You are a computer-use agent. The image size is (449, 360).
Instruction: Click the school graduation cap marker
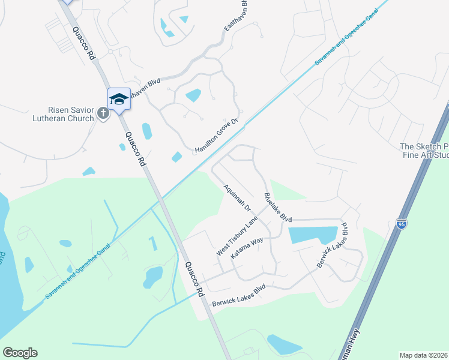(119, 100)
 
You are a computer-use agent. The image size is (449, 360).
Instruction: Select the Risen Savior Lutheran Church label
(71, 114)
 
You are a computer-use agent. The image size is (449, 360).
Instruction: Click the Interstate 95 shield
(402, 224)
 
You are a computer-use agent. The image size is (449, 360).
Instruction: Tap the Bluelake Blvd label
(278, 208)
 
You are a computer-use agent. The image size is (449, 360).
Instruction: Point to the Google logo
(20, 353)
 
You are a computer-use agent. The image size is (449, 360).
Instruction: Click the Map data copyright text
(424, 355)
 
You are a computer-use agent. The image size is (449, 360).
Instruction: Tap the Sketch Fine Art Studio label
(424, 151)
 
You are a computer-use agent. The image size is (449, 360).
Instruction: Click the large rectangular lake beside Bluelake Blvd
(312, 235)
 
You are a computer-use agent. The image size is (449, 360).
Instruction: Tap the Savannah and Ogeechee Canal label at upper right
(348, 38)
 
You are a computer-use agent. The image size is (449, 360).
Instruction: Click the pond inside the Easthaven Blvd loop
(193, 95)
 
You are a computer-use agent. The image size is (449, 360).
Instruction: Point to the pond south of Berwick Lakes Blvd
(283, 344)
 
